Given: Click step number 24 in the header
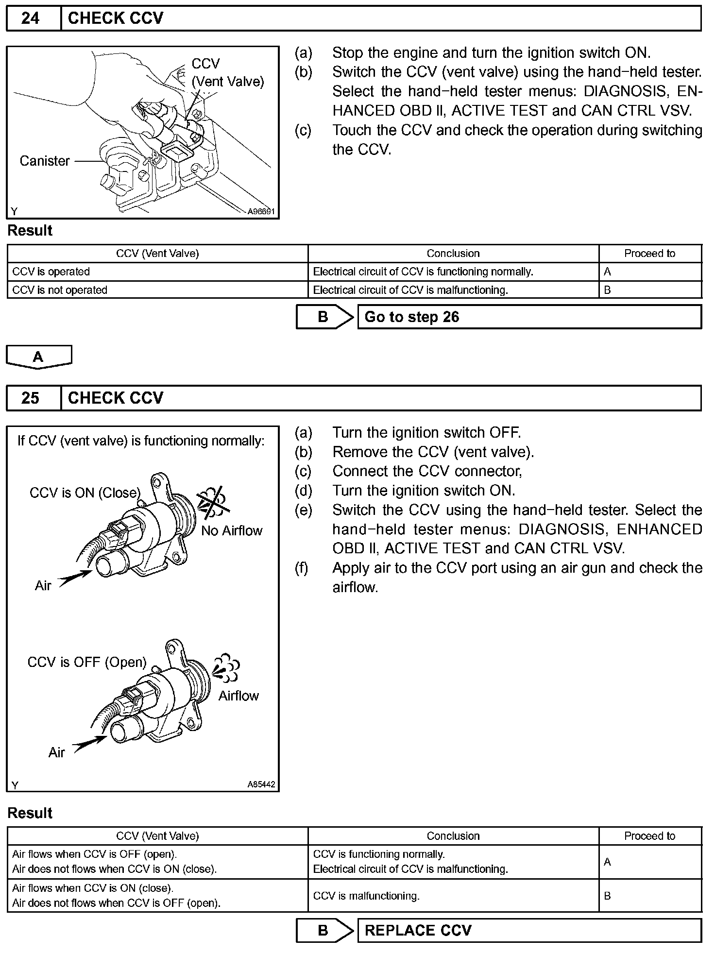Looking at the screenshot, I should click(x=30, y=18).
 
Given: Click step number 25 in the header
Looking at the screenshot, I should click(x=30, y=398).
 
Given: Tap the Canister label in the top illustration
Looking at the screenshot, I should click(x=45, y=161).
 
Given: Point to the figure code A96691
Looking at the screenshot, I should click(x=261, y=211).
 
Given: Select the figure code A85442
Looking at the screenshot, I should click(x=261, y=784).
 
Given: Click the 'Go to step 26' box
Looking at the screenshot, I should click(x=529, y=317).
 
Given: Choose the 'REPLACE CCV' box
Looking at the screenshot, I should click(x=529, y=930).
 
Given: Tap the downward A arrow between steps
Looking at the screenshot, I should click(x=38, y=357).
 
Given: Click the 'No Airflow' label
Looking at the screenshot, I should click(x=232, y=530).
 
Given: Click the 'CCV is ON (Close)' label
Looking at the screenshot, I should click(x=85, y=493).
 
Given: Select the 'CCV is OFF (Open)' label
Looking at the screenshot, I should click(x=87, y=662).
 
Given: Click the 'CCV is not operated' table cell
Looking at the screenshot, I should click(x=60, y=290).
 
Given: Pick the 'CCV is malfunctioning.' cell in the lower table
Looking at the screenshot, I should click(x=366, y=896).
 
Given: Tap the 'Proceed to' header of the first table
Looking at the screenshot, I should click(x=649, y=254).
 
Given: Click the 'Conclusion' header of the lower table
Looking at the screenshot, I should click(x=453, y=836).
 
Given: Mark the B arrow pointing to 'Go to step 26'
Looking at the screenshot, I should click(x=324, y=317).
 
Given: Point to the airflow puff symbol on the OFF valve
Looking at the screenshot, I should click(x=226, y=668).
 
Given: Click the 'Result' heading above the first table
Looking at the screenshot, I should click(x=30, y=230).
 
